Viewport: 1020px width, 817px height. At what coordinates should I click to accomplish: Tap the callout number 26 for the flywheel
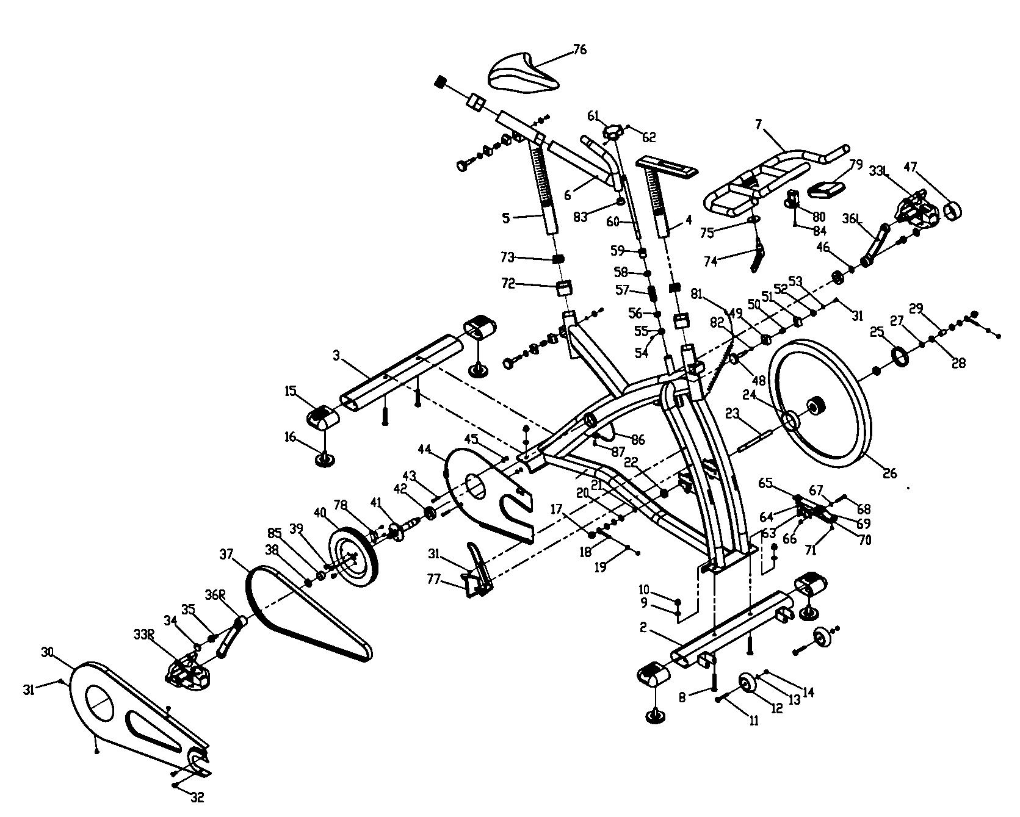(x=890, y=473)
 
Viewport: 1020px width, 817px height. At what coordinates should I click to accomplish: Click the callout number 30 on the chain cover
(x=48, y=652)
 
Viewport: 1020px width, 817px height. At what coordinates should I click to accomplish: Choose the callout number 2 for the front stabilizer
(x=643, y=627)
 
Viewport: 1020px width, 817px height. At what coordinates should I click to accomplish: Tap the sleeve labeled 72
(x=565, y=287)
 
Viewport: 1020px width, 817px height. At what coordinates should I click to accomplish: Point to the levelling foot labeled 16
(x=325, y=458)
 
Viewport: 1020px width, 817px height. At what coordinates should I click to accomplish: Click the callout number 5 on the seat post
(x=505, y=218)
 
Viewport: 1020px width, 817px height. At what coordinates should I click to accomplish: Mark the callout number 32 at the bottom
(x=198, y=797)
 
